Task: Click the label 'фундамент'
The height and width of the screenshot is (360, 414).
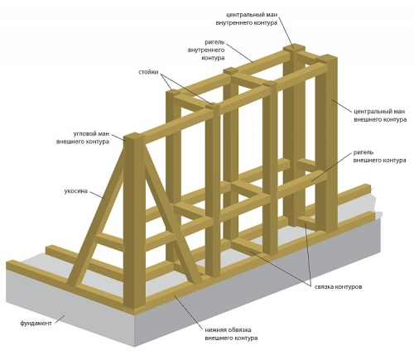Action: [36, 323]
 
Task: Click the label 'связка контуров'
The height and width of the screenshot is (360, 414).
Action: [339, 287]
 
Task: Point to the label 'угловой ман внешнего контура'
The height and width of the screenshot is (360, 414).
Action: [83, 138]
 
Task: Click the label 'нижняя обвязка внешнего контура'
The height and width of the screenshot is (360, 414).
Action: [231, 334]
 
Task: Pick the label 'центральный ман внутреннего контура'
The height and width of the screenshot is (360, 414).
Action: [247, 18]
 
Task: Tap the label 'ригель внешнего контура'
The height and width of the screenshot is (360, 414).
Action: [379, 156]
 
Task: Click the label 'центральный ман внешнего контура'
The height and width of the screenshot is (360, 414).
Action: [380, 116]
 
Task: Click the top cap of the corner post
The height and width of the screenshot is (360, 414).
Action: [134, 137]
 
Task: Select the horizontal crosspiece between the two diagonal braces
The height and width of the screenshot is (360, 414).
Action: [109, 242]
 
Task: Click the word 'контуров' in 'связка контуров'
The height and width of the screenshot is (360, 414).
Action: [349, 287]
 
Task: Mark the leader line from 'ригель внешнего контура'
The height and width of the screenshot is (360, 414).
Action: [333, 168]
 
